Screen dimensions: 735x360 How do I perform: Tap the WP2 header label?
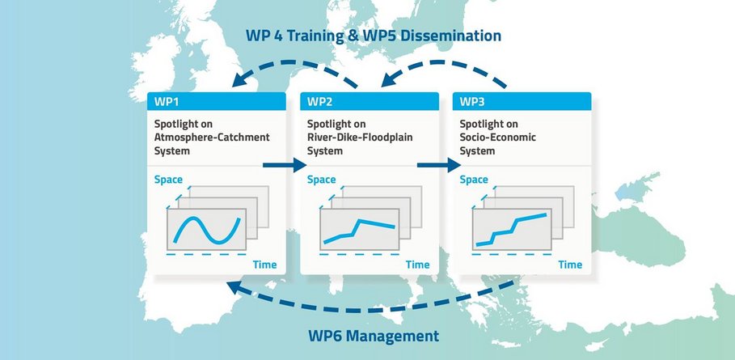[x=319, y=101]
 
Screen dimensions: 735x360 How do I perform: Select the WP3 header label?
[x=472, y=101]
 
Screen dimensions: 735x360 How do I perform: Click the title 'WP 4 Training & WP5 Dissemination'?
[x=373, y=36]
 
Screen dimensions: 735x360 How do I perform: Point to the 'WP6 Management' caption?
[x=374, y=336]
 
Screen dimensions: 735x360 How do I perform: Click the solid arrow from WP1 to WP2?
[x=284, y=165]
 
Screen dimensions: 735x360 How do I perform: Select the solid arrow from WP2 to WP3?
[x=439, y=165]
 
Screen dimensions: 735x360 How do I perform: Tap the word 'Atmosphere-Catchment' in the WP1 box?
[x=212, y=138]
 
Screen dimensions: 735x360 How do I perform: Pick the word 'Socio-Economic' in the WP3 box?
[x=497, y=138]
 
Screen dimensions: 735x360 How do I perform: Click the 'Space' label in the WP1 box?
[x=168, y=180]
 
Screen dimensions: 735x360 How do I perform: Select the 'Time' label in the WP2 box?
[x=418, y=265]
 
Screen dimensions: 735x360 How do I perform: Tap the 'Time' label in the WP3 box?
[x=570, y=265]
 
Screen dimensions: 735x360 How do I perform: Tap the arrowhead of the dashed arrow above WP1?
[x=242, y=80]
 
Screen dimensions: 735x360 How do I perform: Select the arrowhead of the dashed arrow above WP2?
[x=390, y=80]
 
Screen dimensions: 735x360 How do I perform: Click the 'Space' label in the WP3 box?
[x=474, y=180]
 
